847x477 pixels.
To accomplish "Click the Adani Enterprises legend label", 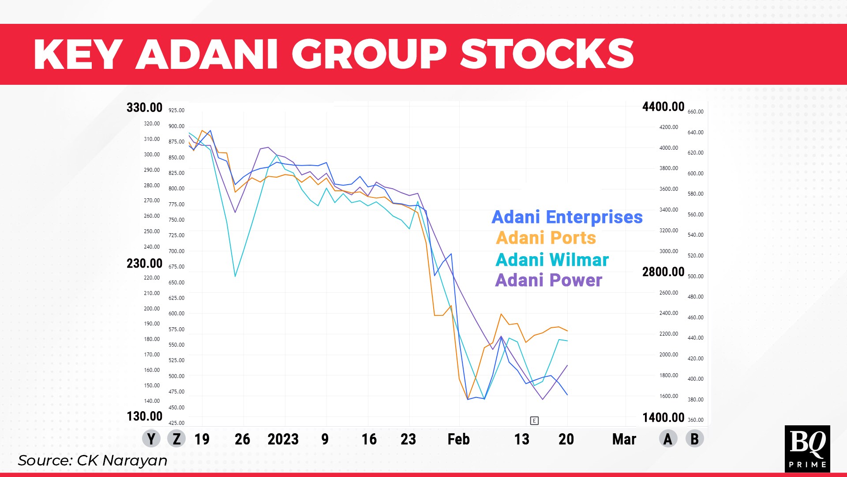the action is [567, 217].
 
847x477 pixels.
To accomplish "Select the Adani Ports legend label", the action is [546, 238].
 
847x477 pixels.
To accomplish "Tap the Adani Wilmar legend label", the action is [552, 260].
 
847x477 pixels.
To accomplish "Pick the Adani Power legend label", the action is [548, 280].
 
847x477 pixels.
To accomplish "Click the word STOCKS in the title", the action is [547, 54].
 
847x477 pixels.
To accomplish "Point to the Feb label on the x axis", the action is [459, 439].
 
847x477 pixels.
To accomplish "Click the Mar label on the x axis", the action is [624, 439].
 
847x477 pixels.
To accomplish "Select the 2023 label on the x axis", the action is [283, 439].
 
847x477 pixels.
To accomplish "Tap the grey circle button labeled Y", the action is [151, 439].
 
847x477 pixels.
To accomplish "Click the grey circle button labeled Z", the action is [176, 439].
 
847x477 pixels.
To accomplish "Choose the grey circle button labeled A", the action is [668, 439].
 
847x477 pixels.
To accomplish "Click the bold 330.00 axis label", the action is [144, 108].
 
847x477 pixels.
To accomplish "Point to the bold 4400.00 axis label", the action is [663, 107].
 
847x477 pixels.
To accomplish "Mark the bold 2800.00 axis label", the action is [663, 272].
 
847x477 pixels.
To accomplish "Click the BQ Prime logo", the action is [807, 449].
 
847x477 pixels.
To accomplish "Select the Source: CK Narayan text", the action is [93, 461].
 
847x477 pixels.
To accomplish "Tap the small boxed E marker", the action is [534, 420].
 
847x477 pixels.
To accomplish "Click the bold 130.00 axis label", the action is [144, 416].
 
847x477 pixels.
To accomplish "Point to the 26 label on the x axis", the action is [242, 439].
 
